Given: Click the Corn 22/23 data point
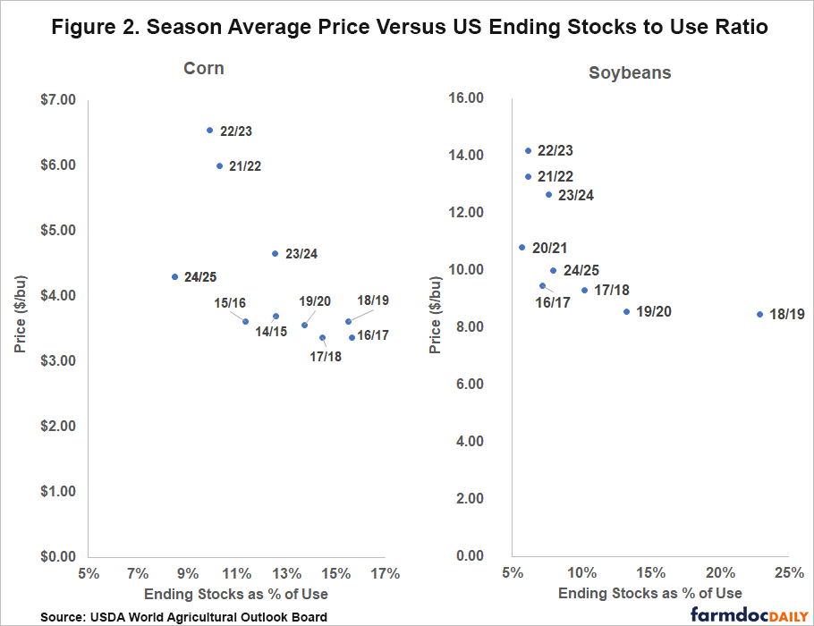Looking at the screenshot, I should point(210,131).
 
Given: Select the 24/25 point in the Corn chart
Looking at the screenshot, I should point(175,277).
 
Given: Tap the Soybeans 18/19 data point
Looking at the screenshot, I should point(759,315).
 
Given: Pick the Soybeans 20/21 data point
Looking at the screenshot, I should point(522,248).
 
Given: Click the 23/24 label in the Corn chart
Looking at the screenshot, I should point(301,254).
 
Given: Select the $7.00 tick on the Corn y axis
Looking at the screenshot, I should point(57,99).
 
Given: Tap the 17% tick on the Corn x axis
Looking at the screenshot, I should point(385,574).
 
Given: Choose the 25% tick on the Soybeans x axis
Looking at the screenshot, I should point(788,572).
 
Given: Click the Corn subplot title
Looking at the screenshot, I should point(204,69).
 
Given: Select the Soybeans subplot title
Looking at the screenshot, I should point(629,72).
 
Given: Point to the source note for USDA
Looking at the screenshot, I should point(183,616).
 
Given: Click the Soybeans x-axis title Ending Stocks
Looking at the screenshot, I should point(649,593).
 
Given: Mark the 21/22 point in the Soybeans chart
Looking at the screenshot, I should point(528,177).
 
